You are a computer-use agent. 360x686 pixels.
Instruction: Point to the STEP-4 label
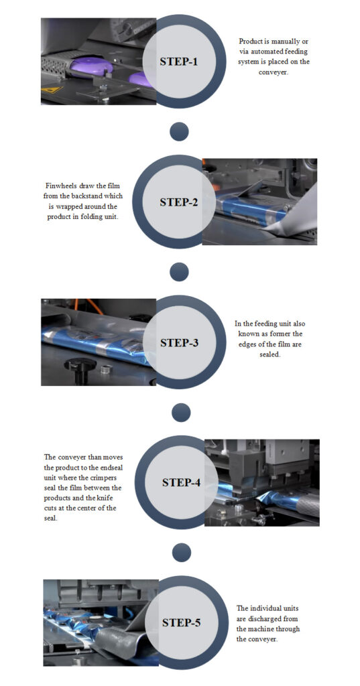[x=181, y=482]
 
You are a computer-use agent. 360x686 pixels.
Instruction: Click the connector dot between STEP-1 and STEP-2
[x=179, y=131]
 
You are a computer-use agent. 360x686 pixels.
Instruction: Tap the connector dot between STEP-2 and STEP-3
[x=179, y=271]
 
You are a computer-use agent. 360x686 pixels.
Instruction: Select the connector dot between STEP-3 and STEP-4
[x=181, y=412]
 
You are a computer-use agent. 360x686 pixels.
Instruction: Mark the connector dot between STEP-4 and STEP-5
[x=181, y=552]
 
